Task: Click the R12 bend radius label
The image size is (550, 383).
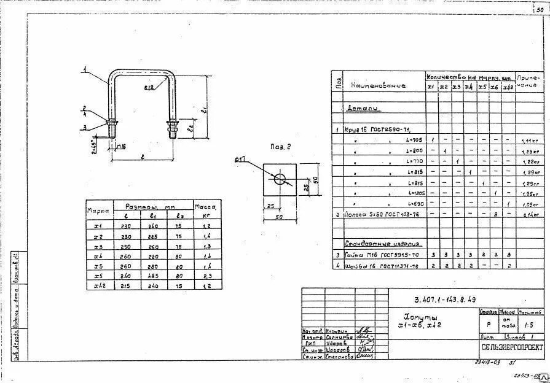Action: pyautogui.click(x=149, y=88)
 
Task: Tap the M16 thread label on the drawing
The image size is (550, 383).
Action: pyautogui.click(x=121, y=145)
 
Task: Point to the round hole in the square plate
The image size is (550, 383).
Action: pyautogui.click(x=280, y=179)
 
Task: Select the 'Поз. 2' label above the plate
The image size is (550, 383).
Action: pyautogui.click(x=280, y=147)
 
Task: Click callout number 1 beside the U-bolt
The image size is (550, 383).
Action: pyautogui.click(x=86, y=69)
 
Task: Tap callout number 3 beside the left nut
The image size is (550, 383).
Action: pyautogui.click(x=85, y=127)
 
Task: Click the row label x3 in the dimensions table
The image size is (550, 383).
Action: pyautogui.click(x=97, y=246)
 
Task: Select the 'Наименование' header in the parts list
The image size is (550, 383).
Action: pyautogui.click(x=378, y=86)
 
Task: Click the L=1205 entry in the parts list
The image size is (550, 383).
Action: pyautogui.click(x=415, y=193)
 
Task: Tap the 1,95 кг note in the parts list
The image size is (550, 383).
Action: pyautogui.click(x=528, y=193)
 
